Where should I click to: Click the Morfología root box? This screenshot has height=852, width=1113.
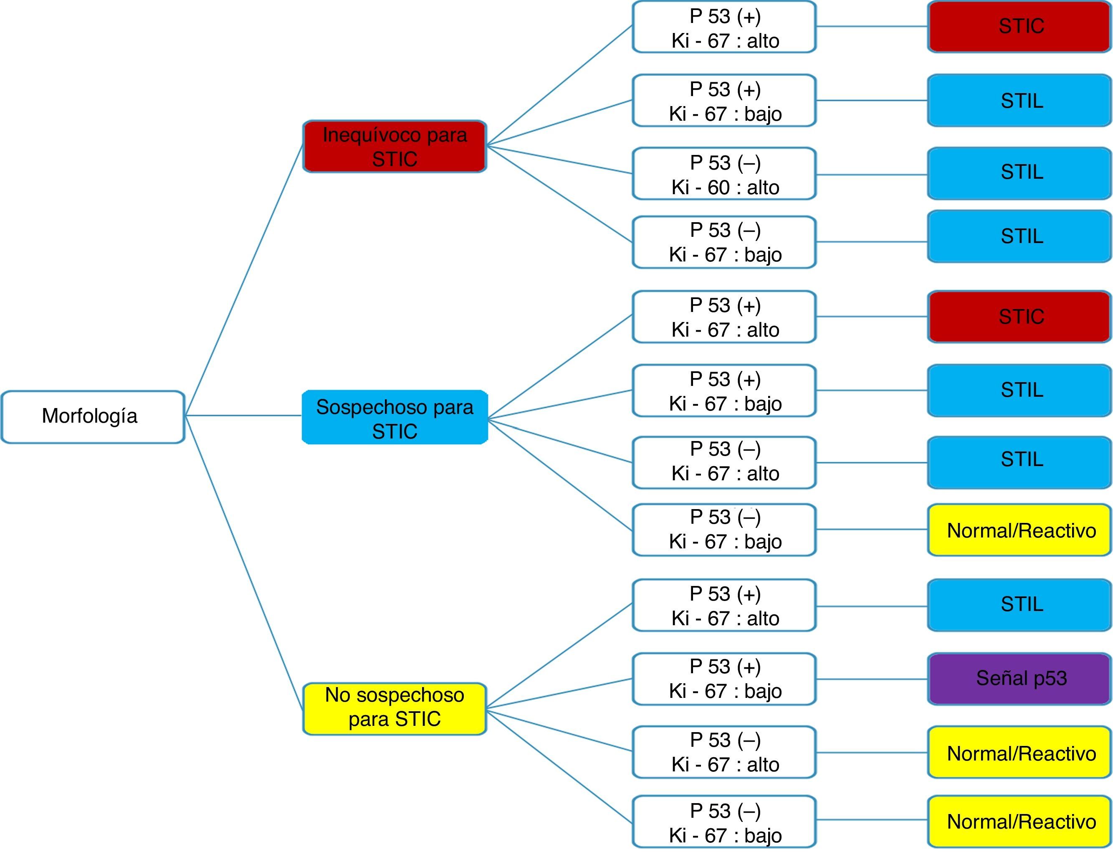click(93, 417)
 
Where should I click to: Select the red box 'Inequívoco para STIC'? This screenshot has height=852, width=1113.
click(395, 147)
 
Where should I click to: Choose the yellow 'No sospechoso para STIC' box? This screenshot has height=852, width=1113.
click(395, 708)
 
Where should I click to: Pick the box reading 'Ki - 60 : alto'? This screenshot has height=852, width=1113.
click(724, 174)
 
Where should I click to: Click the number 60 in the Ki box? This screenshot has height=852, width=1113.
click(718, 188)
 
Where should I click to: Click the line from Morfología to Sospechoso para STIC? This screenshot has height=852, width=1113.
click(243, 416)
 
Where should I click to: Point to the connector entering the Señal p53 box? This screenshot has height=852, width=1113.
click(872, 679)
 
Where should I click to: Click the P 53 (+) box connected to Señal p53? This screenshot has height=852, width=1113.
click(724, 679)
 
